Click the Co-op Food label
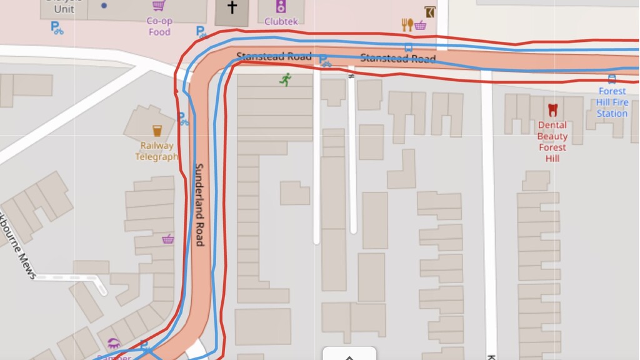point(159,26)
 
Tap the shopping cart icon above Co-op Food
point(159,6)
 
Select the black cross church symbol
point(232,7)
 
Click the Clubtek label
point(281,22)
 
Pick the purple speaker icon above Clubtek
point(281,7)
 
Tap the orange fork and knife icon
point(407,25)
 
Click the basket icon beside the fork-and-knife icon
point(420,25)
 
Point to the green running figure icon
point(286,79)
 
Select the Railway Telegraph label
point(157,151)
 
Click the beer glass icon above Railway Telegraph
point(157,131)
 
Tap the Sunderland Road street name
point(199,204)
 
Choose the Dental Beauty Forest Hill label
point(552,141)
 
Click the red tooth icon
point(552,110)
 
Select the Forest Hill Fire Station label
point(612,102)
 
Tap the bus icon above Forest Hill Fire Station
point(612,79)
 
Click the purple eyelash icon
point(114,343)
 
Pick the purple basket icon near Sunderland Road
point(167,239)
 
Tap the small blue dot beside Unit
point(104,6)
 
